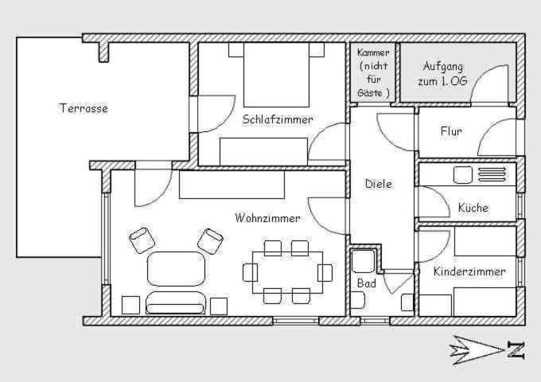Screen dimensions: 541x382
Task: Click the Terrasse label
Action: pos(84,108)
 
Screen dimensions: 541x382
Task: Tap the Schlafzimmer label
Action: pos(278,119)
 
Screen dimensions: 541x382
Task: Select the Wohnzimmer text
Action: pos(267,218)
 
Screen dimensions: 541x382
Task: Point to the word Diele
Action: pos(379,184)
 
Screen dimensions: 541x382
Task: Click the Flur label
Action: pos(451,131)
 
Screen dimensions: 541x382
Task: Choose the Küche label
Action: pos(473,208)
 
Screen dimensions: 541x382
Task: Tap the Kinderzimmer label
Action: pos(469,271)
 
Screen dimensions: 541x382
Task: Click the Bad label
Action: pos(367,283)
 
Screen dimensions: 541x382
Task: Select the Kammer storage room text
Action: pos(373,72)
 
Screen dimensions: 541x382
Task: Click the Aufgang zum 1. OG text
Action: pos(442,73)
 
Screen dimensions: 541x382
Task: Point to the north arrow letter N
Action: pos(516,350)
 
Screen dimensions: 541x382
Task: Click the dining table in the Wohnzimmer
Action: pos(287,273)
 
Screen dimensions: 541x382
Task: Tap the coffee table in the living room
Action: pos(176,269)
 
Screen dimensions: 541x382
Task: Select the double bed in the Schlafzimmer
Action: pos(276,75)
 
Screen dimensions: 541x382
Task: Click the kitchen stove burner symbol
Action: pos(492,174)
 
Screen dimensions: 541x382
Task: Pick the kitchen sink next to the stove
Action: pos(462,175)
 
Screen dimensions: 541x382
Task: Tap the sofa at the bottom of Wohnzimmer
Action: pos(176,303)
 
